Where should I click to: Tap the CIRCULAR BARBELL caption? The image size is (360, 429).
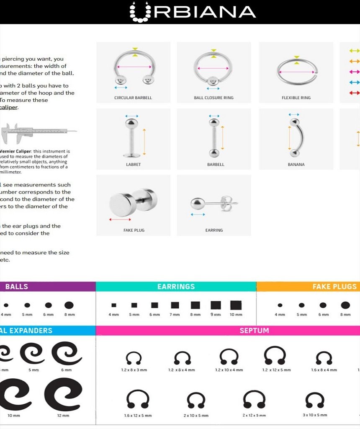pos(133,98)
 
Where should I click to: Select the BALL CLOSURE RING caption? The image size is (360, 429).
pos(213,98)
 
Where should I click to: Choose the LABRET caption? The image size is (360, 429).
pos(133,165)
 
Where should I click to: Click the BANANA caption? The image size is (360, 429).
pos(296,165)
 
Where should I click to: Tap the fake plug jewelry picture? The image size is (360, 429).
pos(133,201)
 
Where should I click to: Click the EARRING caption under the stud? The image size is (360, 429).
pos(214,230)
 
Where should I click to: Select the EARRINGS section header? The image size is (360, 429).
pos(176,287)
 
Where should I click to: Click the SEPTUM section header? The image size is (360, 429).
pos(254,331)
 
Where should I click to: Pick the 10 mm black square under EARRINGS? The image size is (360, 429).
pos(236,305)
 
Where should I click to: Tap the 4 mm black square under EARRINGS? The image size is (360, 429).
pos(113,305)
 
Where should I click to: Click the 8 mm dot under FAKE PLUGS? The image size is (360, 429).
pos(345,305)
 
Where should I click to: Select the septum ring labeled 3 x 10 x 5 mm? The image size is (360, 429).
pos(315,400)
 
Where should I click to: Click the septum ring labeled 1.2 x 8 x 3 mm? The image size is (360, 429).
pos(134,358)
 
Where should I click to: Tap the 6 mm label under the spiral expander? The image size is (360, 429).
pos(66,370)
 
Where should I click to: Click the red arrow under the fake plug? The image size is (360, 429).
pos(120,220)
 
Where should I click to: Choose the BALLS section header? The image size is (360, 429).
pos(17,287)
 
